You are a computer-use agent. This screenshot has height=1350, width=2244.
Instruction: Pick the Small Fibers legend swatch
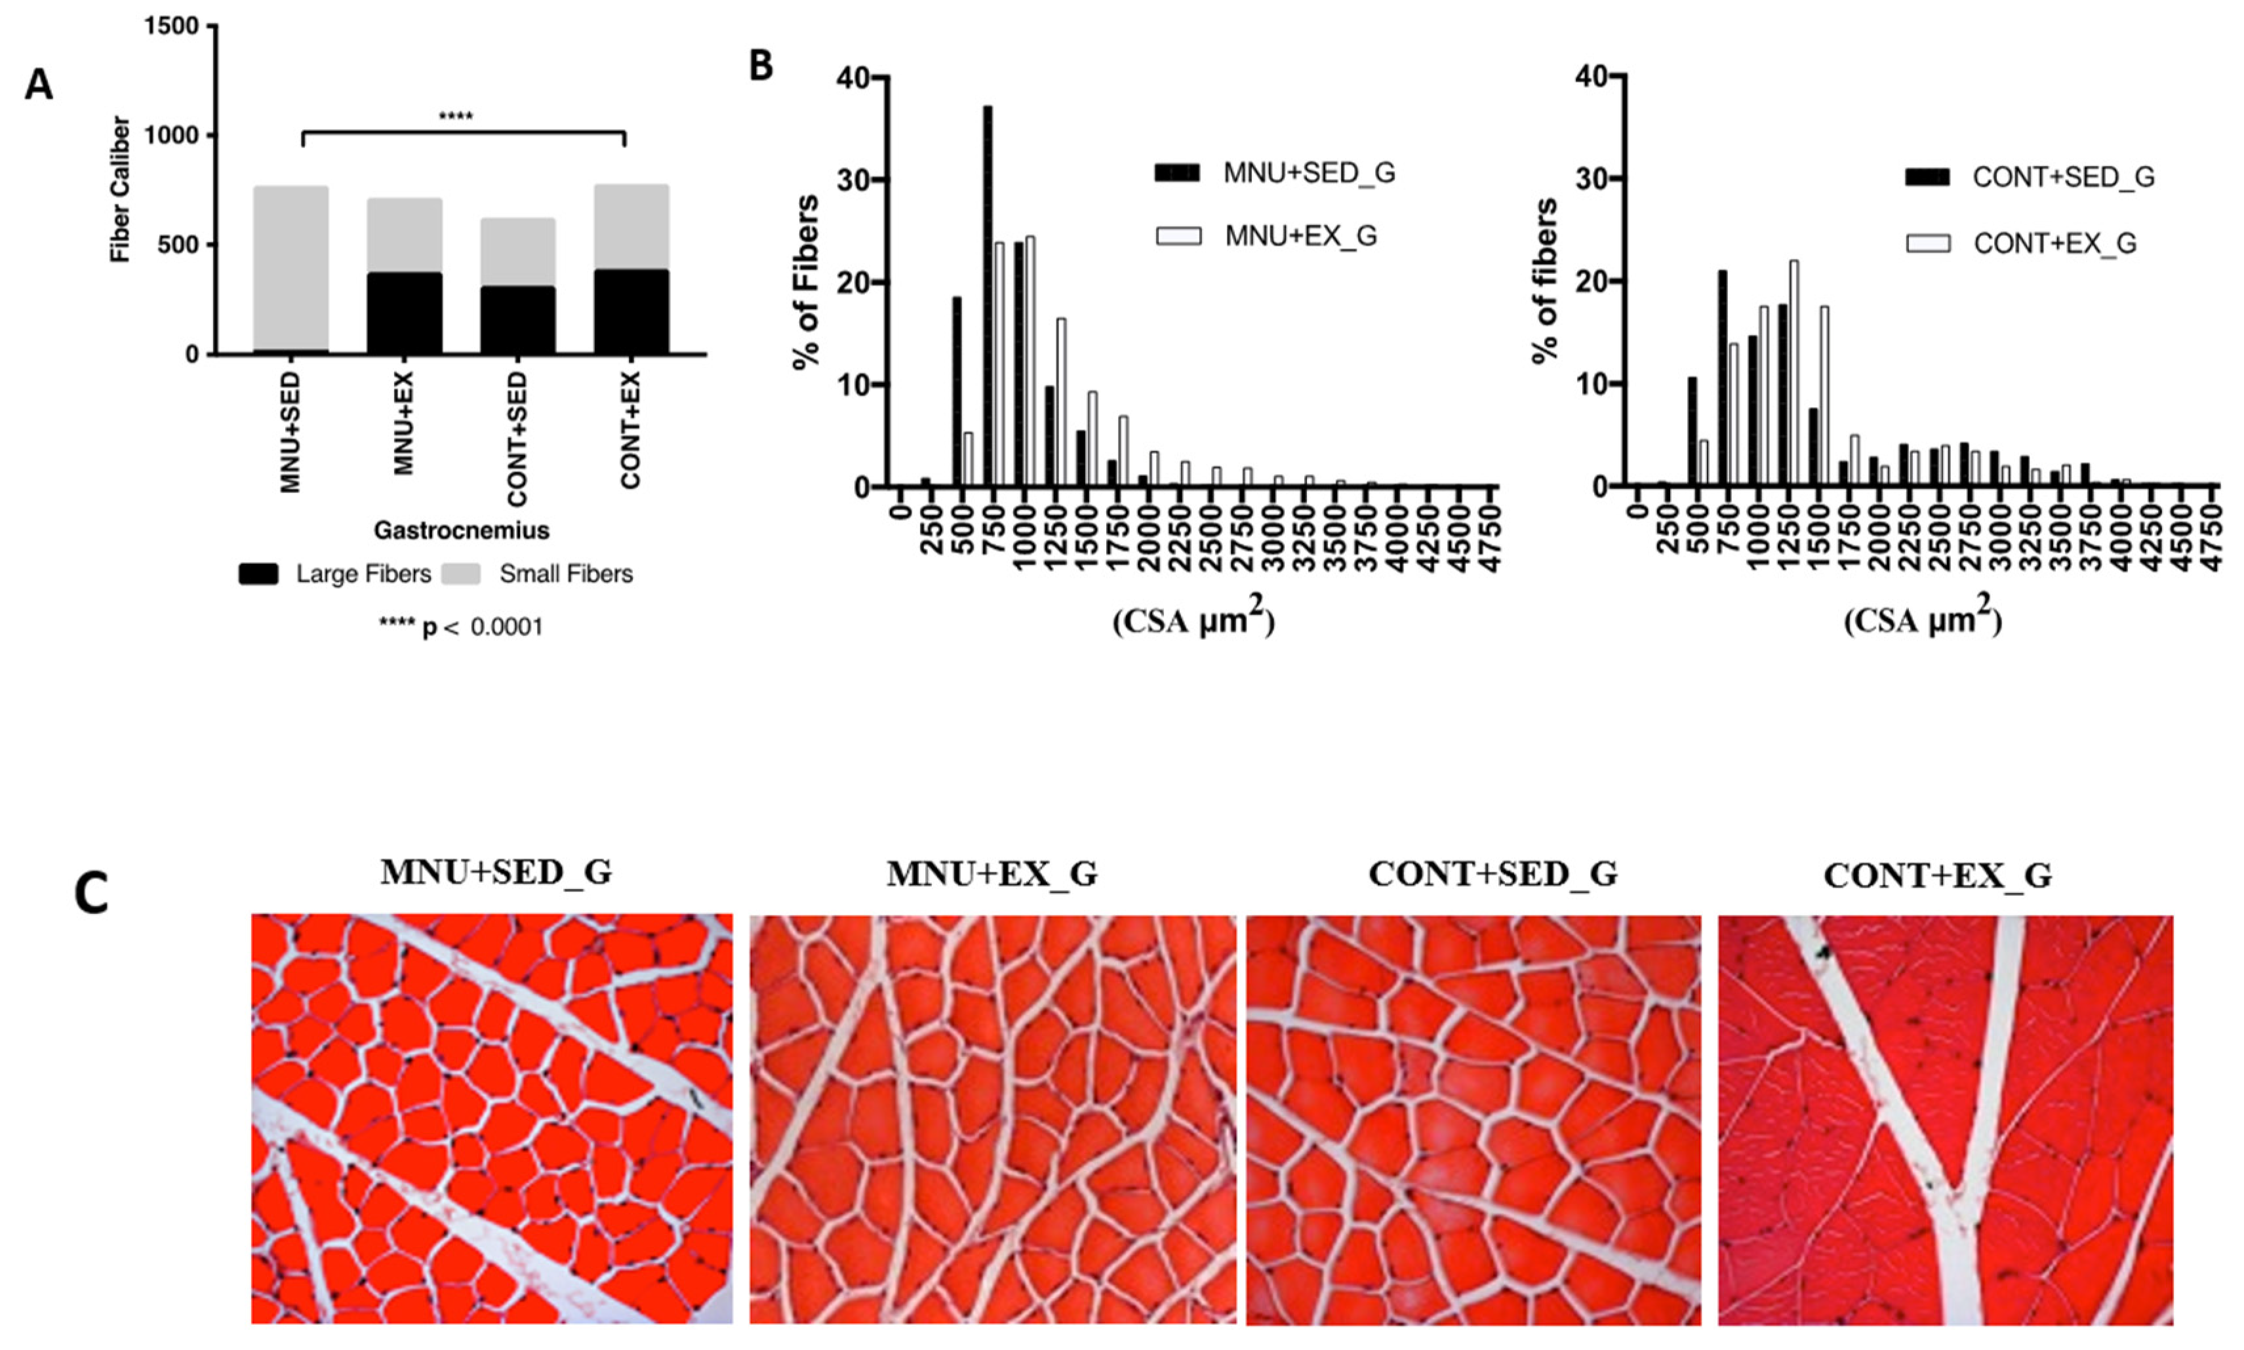tap(461, 574)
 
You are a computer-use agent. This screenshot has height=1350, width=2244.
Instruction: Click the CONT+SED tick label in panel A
tap(517, 439)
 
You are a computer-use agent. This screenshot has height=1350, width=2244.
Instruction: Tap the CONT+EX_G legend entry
tap(2054, 244)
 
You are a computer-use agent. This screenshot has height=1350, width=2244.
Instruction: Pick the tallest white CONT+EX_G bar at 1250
tap(1793, 373)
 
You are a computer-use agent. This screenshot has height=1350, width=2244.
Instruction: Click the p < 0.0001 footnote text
tap(461, 627)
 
